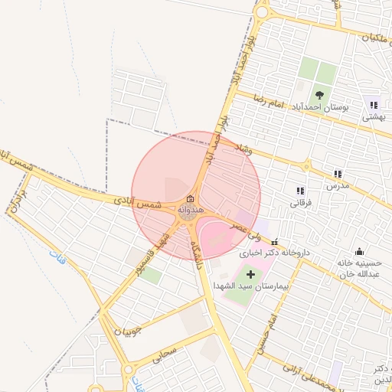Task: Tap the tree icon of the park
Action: pos(319,95)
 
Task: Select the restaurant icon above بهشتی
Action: pos(374,105)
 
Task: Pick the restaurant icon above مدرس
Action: pos(338,175)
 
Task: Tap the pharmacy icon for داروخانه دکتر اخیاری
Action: pos(275,242)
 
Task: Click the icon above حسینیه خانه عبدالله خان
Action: pos(359,252)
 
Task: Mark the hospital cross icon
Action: pos(250,273)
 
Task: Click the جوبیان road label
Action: pos(128,332)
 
